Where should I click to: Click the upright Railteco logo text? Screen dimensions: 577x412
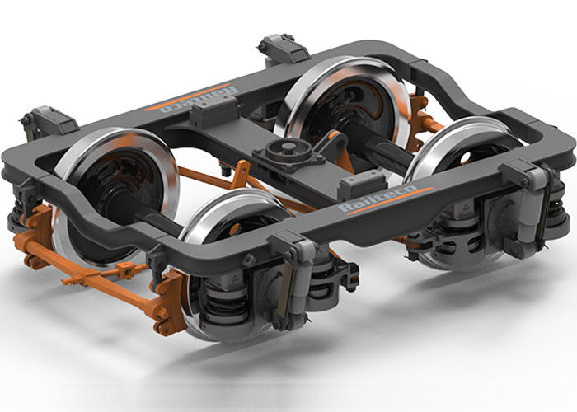tap(378, 199)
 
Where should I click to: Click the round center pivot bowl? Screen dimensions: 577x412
tap(288, 150)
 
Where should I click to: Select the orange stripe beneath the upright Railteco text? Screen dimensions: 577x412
tap(390, 201)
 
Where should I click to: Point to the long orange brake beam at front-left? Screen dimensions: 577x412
tap(96, 279)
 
